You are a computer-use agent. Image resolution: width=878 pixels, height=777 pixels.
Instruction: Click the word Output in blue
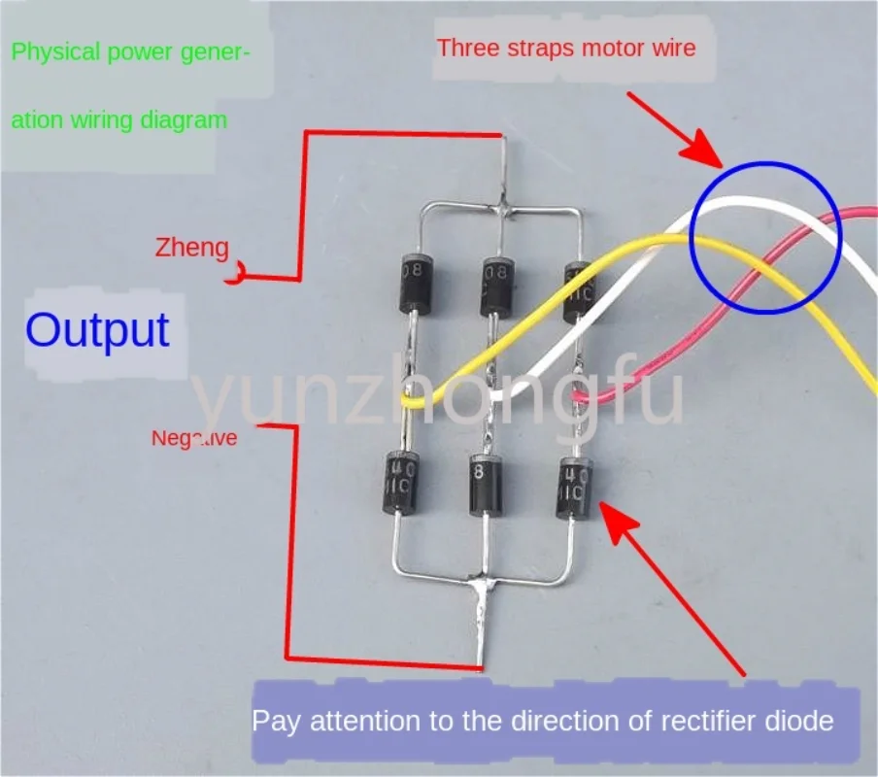tap(97, 330)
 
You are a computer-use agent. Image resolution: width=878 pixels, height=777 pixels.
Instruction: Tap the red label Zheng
tap(191, 249)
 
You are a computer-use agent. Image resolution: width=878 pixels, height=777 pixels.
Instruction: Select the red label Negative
tap(193, 439)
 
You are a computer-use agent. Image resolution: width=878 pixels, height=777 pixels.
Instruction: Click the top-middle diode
tap(495, 281)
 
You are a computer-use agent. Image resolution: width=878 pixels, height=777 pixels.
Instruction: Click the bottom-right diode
tap(573, 489)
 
